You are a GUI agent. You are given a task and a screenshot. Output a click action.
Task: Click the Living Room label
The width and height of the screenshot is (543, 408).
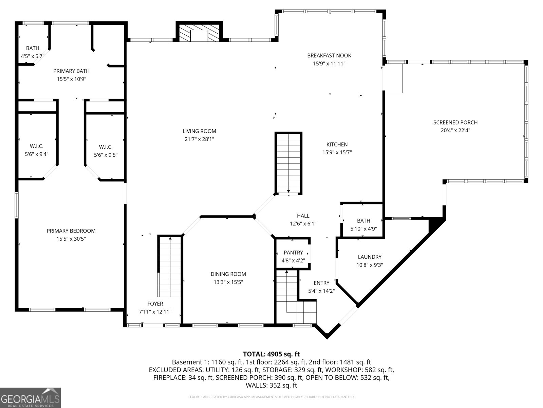[199, 131]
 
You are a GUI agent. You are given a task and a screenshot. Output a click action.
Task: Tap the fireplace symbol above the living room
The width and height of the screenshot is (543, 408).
[199, 33]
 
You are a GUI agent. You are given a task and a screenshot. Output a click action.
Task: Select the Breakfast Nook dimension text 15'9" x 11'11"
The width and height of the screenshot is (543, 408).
[329, 63]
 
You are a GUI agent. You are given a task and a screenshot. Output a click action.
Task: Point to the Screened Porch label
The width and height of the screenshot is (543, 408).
[455, 122]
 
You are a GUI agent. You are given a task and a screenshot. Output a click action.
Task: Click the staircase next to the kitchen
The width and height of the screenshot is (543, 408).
[288, 163]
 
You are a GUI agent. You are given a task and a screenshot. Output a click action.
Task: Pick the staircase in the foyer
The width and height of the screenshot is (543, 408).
[170, 267]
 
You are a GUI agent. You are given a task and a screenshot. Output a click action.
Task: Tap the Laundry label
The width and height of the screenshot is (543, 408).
[369, 257]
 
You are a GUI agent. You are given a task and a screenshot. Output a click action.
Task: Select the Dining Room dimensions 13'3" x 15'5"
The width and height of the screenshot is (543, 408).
[228, 282]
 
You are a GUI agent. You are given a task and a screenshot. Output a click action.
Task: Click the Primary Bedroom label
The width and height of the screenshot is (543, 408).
[71, 231]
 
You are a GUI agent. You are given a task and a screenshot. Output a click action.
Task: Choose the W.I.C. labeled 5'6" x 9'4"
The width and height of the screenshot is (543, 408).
[37, 150]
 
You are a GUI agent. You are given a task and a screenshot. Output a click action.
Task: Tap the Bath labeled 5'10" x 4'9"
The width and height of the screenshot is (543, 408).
[363, 224]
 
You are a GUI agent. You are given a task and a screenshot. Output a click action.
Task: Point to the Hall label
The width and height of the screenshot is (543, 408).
[303, 216]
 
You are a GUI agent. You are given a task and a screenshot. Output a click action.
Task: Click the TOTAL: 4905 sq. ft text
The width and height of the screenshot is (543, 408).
[271, 354]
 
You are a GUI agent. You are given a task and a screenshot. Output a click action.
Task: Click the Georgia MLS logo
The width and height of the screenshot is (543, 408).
[31, 397]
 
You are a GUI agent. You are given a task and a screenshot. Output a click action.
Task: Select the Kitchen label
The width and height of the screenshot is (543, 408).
[337, 144]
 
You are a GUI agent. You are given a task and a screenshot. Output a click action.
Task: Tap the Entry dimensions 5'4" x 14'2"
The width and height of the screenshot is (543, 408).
[321, 291]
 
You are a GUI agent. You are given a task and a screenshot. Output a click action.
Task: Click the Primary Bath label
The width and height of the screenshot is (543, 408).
[71, 71]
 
